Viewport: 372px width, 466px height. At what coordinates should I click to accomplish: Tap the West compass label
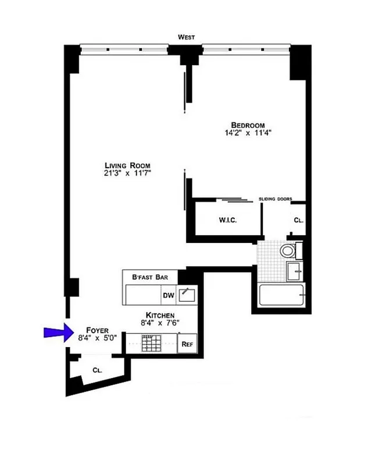(x=186, y=37)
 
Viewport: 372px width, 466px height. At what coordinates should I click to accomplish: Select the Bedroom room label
(x=248, y=125)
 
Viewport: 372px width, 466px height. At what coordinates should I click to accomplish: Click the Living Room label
(x=127, y=165)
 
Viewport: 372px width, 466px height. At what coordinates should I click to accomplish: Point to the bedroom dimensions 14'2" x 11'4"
(x=248, y=133)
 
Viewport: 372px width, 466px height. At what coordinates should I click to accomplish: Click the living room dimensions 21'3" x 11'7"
(x=127, y=173)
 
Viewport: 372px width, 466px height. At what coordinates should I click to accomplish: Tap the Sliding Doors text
(x=275, y=199)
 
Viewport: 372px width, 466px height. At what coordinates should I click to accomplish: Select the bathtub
(x=281, y=295)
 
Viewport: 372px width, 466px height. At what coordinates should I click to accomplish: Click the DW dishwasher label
(x=169, y=295)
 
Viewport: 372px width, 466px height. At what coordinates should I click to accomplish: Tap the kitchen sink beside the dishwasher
(x=187, y=295)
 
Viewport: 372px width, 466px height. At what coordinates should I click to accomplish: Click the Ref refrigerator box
(x=187, y=344)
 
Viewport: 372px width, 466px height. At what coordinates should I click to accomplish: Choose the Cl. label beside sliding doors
(x=298, y=221)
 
